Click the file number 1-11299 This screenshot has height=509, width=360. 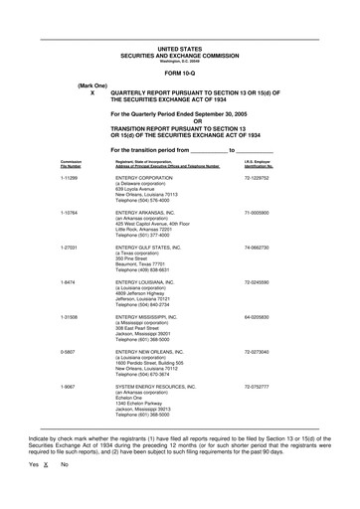click(x=70, y=175)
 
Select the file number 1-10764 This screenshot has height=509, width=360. click(x=70, y=212)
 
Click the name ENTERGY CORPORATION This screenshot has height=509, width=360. click(x=150, y=175)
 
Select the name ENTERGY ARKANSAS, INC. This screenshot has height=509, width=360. click(x=153, y=212)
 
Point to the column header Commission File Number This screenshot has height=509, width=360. click(x=71, y=162)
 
